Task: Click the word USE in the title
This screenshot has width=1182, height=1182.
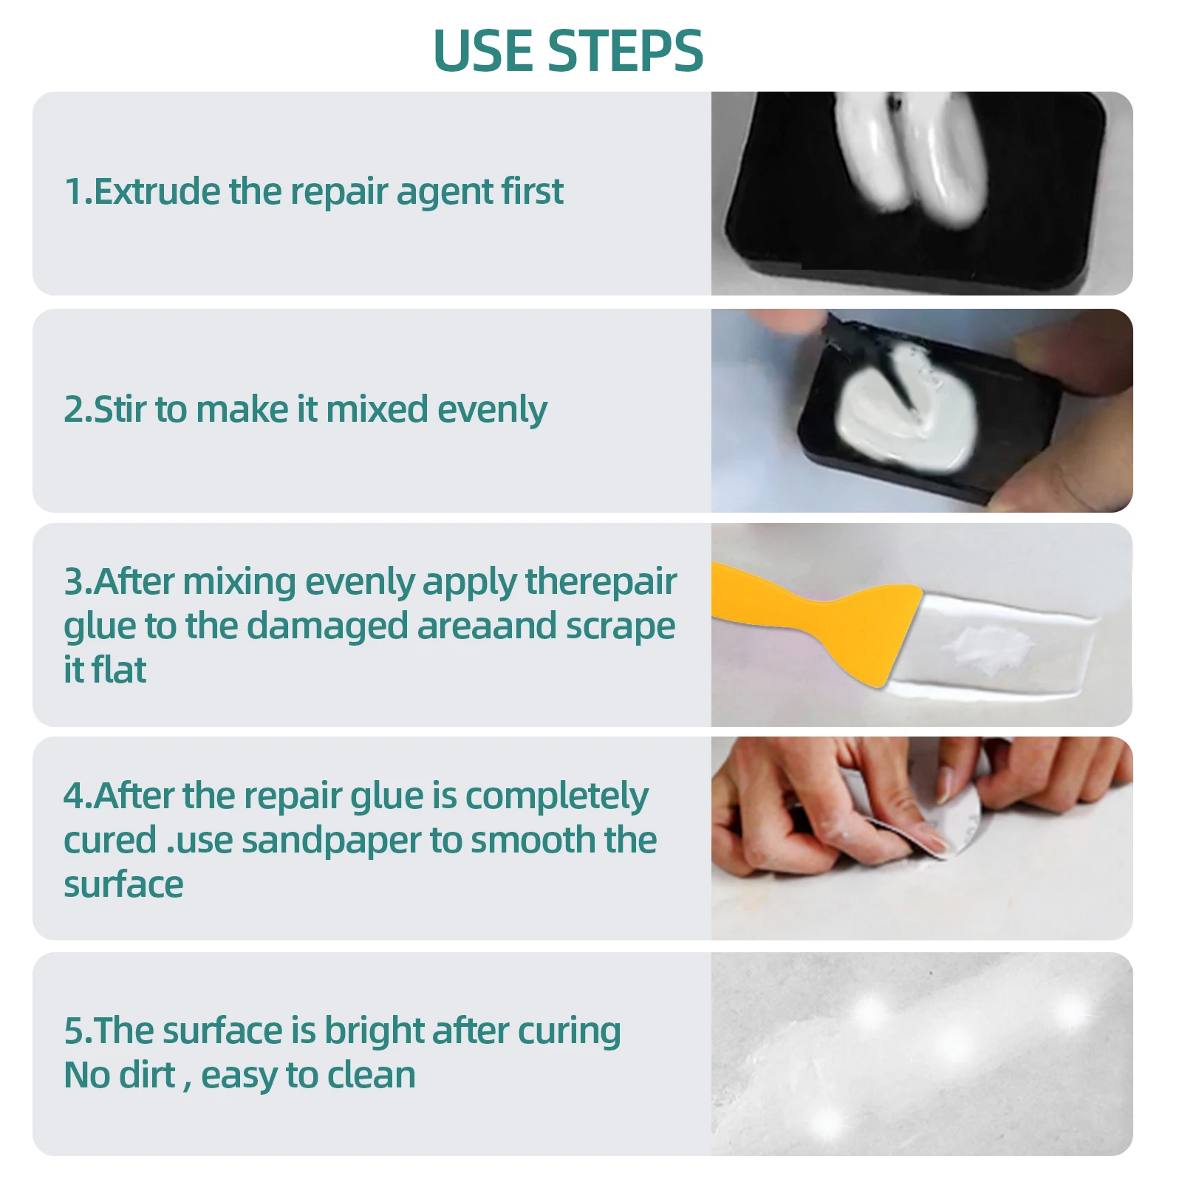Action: tap(482, 51)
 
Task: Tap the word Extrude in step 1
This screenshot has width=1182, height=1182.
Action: tap(157, 191)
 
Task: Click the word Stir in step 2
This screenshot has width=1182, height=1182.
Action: tap(120, 409)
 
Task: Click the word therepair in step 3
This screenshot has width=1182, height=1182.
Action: tap(601, 582)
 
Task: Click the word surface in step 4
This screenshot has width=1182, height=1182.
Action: tap(123, 885)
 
